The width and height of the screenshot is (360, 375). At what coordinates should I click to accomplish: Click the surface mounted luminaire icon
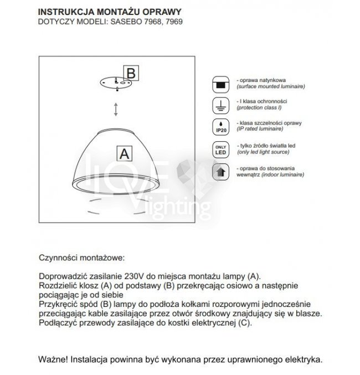point(220,84)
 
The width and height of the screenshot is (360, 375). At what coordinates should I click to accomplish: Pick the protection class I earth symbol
point(220,105)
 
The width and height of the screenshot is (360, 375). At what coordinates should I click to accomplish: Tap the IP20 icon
point(220,126)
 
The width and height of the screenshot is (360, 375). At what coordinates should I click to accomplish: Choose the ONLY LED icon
point(220,149)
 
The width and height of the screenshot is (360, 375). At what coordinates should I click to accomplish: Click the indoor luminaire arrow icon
point(220,171)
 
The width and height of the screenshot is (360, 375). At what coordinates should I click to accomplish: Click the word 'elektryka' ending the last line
point(301,359)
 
